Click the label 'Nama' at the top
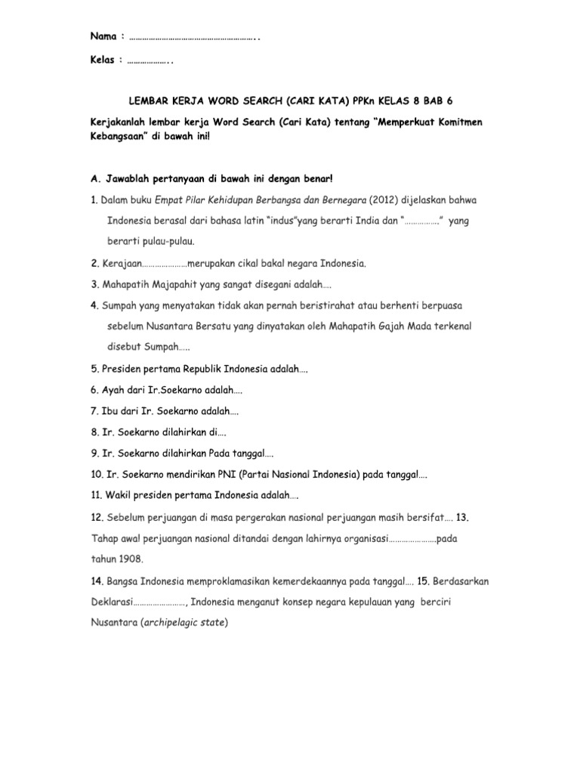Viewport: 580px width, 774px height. [x=103, y=36]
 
